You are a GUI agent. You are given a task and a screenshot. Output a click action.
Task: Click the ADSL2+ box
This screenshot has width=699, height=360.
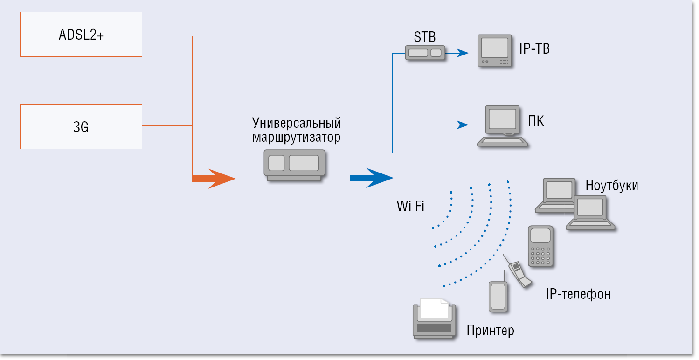81,35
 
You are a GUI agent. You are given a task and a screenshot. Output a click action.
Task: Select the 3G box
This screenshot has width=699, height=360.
81,127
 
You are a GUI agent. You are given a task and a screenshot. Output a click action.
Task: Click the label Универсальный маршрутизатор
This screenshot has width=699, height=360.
297,131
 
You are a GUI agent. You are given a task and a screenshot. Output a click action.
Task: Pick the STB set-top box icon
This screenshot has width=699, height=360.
424,53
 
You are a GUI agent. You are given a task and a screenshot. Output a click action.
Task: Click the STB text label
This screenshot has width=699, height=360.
424,36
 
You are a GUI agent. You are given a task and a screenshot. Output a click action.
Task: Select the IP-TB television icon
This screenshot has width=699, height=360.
495,51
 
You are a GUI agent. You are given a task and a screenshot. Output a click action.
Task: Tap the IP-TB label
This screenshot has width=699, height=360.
534,49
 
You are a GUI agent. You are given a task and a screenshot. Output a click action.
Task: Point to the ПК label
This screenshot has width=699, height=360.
536,122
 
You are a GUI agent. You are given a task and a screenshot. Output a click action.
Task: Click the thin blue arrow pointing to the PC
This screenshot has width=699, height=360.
462,125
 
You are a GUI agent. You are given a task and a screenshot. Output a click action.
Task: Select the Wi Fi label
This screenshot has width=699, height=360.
410,206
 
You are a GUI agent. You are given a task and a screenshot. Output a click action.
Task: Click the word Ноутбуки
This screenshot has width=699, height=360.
612,186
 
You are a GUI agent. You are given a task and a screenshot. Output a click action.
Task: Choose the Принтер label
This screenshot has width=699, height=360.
491,331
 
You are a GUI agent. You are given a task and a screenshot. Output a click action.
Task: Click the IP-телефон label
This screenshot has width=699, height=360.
578,294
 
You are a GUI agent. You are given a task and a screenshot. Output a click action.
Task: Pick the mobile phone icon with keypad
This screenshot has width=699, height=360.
540,246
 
